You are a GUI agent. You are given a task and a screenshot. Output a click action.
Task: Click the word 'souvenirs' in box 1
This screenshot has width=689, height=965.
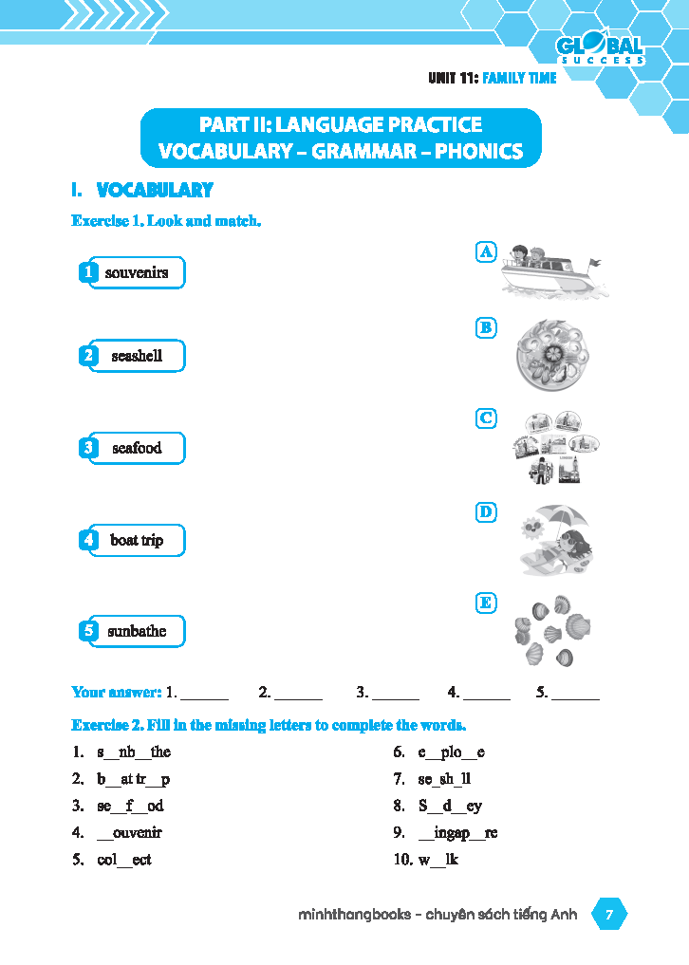137,273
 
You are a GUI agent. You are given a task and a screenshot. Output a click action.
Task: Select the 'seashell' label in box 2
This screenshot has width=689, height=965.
137,357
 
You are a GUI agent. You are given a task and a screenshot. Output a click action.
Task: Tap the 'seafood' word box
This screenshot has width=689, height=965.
137,448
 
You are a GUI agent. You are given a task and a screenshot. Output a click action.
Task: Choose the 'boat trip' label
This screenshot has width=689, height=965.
137,540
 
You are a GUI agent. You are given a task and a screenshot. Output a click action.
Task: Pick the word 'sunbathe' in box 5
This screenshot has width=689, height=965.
137,631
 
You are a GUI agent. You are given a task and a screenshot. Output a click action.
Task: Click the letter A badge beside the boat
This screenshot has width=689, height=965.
485,251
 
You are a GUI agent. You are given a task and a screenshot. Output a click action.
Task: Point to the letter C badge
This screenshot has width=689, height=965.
485,418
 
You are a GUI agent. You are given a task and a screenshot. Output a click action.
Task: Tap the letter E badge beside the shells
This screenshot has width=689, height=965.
485,603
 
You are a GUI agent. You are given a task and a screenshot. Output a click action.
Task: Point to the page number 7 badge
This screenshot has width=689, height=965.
609,915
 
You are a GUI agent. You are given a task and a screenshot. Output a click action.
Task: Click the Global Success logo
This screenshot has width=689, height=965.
600,49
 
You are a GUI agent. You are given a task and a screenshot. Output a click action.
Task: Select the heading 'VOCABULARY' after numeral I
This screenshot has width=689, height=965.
155,191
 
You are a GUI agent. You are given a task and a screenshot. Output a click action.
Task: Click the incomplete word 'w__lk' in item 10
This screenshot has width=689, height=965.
438,860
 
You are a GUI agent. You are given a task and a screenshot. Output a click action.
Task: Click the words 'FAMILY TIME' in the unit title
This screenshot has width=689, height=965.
519,78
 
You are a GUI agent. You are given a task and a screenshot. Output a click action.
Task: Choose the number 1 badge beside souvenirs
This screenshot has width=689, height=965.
87,273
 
